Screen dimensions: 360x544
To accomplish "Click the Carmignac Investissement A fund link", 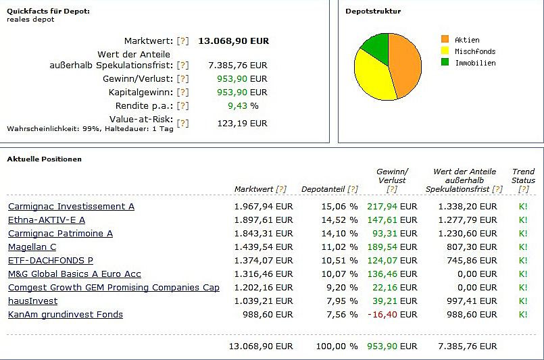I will pyautogui.click(x=71, y=207).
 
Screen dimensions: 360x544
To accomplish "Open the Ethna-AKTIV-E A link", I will pyautogui.click(x=47, y=220).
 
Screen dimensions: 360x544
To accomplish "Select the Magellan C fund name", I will pyautogui.click(x=32, y=247).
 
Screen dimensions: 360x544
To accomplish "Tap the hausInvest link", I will pyautogui.click(x=32, y=301).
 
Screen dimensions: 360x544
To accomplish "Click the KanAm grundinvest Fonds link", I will pyautogui.click(x=65, y=315).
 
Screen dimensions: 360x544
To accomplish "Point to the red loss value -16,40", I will pyautogui.click(x=382, y=315).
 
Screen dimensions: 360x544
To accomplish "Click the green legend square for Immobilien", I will pyautogui.click(x=445, y=63).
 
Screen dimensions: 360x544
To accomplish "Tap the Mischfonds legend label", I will pyautogui.click(x=475, y=51).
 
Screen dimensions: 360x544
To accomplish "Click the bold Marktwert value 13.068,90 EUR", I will pyautogui.click(x=233, y=41).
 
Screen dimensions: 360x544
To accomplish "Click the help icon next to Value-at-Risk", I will pyautogui.click(x=182, y=124).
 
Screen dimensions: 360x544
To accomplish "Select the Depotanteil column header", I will pyautogui.click(x=324, y=189).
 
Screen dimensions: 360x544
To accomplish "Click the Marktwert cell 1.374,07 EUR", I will pyautogui.click(x=263, y=261).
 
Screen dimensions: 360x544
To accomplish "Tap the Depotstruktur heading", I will pyautogui.click(x=373, y=11).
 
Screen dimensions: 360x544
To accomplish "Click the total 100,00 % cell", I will pyautogui.click(x=337, y=346).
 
